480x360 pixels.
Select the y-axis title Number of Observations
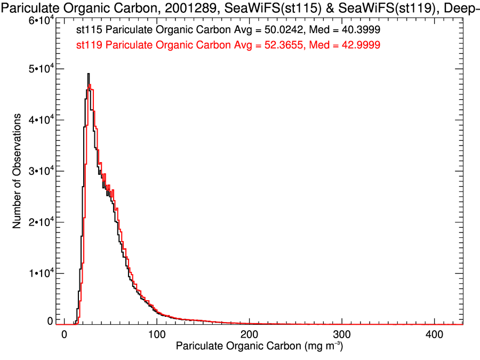click(18, 171)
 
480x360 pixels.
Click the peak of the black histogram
click(89, 74)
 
